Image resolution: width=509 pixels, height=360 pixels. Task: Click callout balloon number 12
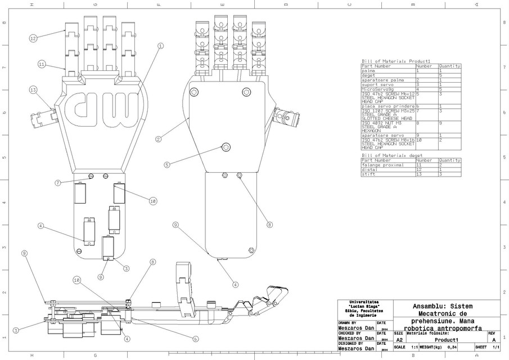point(33,38)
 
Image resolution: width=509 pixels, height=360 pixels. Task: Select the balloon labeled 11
point(42,64)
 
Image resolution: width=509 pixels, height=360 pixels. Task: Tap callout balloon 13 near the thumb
point(33,89)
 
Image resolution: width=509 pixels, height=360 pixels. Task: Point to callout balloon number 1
point(160,46)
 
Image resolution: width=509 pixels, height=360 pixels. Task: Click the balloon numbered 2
point(159,139)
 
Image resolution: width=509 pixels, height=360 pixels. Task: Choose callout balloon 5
point(167,165)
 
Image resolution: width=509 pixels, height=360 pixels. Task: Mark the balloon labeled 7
point(58,183)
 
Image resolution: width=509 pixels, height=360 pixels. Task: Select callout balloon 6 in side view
point(196,339)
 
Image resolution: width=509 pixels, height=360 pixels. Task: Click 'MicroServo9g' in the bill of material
point(376,89)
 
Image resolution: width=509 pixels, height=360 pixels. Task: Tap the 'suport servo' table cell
point(375,84)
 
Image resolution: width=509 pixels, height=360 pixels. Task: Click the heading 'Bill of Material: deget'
point(391,155)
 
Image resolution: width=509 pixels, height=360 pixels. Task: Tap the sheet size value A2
point(399,340)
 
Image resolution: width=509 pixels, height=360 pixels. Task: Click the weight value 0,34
point(452,348)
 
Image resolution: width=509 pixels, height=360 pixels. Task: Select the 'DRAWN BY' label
point(347,323)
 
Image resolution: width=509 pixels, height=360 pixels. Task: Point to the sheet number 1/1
point(496,348)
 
